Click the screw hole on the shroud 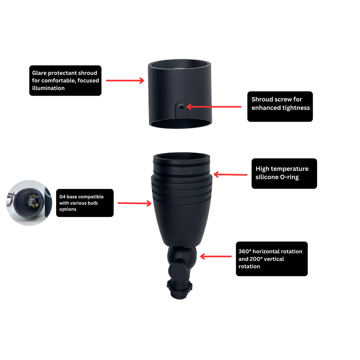click(181, 107)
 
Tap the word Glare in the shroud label click(39, 73)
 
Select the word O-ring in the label click(290, 177)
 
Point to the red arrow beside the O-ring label click(230, 174)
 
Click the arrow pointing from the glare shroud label click(125, 81)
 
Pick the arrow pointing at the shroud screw click(214, 107)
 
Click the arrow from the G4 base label click(135, 203)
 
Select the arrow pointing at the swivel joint click(216, 256)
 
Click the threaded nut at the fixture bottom click(180, 289)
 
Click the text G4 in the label click(62, 197)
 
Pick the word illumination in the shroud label click(48, 88)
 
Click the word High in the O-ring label click(262, 169)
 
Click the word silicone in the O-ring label click(267, 177)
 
